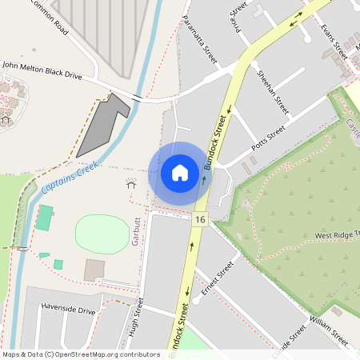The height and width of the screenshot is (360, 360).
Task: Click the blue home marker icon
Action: pyautogui.click(x=179, y=173)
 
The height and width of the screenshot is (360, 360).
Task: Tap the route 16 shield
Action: pyautogui.click(x=199, y=219)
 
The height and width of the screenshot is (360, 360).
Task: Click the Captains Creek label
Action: pyautogui.click(x=70, y=176)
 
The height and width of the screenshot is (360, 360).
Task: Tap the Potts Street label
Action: pyautogui.click(x=268, y=137)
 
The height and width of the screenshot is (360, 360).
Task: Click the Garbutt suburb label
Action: pyautogui.click(x=136, y=232)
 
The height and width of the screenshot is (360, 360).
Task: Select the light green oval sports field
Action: pyautogui.click(x=102, y=232)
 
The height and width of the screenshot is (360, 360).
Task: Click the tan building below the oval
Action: pyautogui.click(x=94, y=269)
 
